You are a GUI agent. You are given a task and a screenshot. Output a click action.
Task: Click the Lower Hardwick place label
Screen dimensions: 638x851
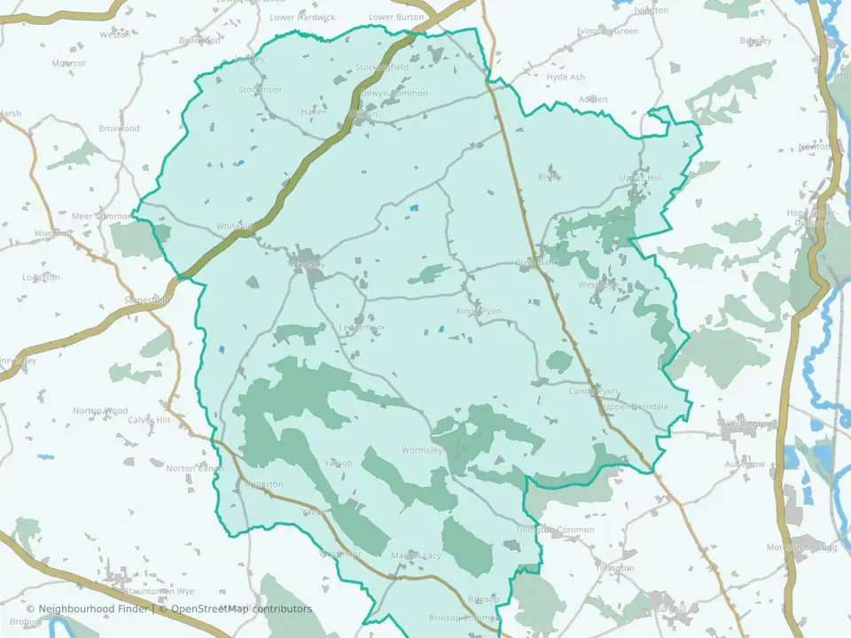pos(302,17)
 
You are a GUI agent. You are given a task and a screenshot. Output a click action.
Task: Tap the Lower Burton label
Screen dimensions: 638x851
pos(397,17)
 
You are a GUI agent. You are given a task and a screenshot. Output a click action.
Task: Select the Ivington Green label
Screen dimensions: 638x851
pos(607,31)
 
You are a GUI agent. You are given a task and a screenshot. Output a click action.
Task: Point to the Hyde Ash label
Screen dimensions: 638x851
pos(566,77)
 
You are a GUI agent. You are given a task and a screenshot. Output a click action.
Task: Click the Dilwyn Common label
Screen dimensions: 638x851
pos(395,93)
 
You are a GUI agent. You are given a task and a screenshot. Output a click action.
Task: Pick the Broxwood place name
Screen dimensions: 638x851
pos(119,128)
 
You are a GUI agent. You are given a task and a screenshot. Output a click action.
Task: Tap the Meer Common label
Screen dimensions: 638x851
pos(100,216)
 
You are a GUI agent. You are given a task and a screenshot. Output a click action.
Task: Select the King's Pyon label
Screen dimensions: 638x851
pos(479,312)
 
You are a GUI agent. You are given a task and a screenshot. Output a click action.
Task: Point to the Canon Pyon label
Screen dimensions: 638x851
pos(593,391)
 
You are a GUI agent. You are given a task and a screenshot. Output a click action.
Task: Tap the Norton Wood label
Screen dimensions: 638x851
pos(100,411)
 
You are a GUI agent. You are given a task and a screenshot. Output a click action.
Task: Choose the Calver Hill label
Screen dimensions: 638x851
pos(148,420)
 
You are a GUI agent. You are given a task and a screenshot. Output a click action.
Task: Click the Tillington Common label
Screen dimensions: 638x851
pos(556,530)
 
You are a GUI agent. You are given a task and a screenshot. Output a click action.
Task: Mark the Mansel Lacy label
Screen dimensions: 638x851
pos(416,556)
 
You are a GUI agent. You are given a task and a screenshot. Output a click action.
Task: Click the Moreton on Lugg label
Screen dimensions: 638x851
pos(802,548)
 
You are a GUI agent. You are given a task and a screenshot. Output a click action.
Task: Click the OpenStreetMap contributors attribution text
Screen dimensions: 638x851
pos(241,610)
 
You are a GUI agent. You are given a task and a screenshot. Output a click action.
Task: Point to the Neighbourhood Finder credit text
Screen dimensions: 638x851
pos(90,610)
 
